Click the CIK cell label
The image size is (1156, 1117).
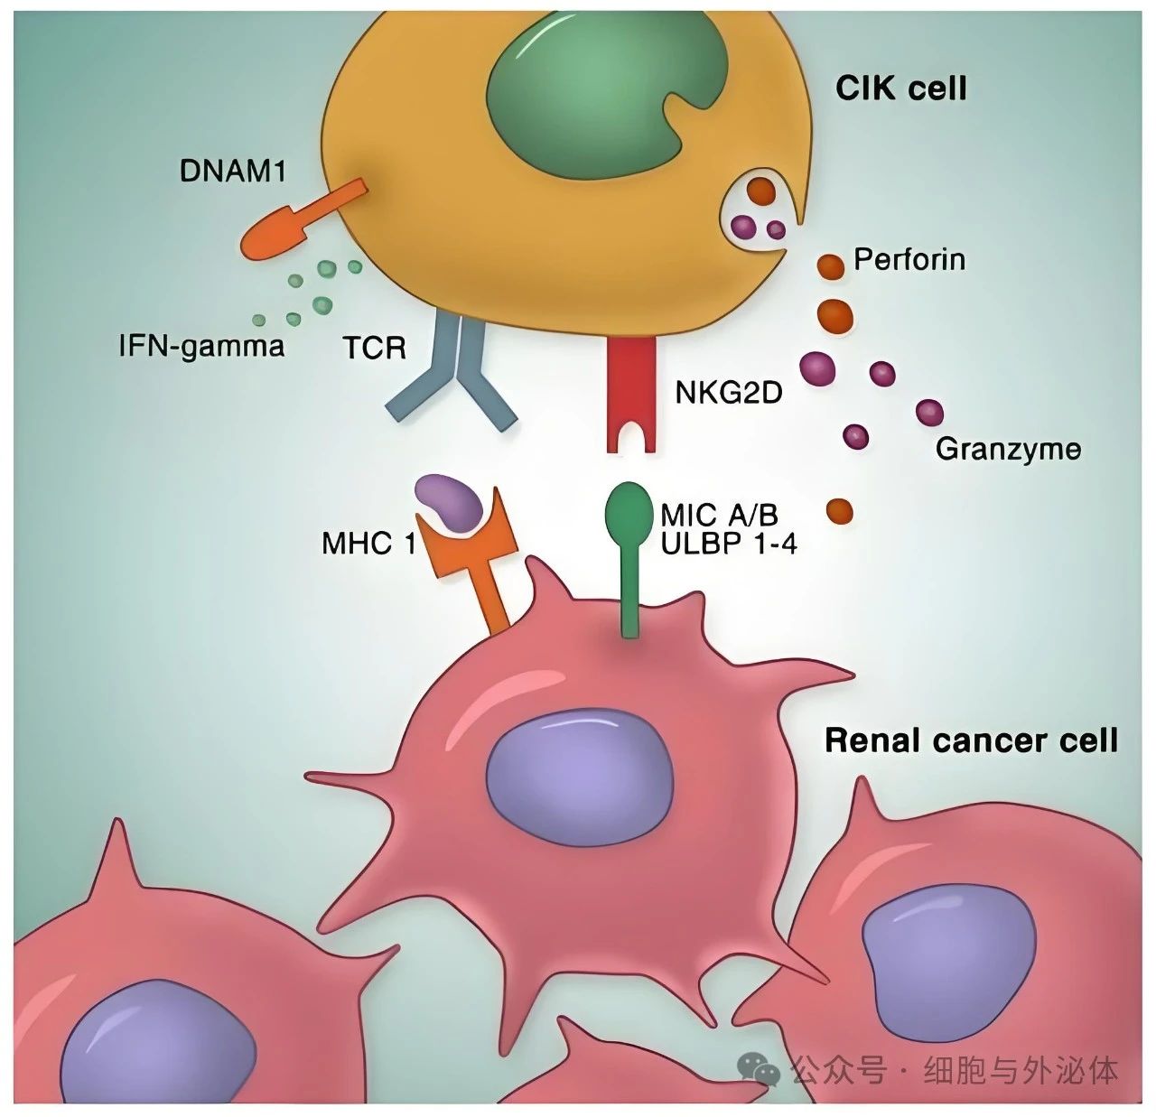point(900,88)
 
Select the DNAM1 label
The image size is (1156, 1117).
point(232,170)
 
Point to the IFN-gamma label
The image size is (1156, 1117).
point(201,345)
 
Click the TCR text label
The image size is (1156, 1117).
point(374,348)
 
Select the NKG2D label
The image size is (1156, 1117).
point(728,392)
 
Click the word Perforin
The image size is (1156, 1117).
point(909,260)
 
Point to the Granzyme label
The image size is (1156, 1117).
point(1008,449)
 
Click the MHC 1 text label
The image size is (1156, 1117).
point(368,544)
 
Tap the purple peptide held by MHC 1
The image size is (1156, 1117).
point(451,502)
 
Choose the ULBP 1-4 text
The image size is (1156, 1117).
point(728,543)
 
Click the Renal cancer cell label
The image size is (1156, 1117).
point(971,740)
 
